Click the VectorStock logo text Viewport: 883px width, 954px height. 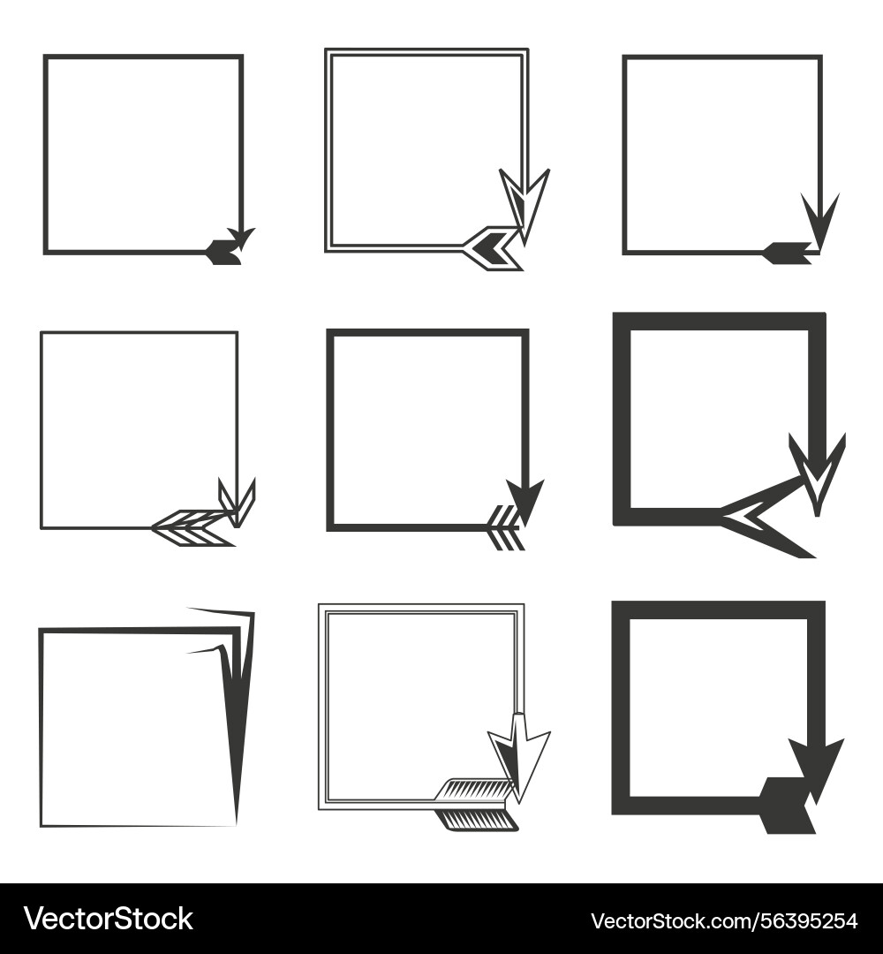click(x=109, y=919)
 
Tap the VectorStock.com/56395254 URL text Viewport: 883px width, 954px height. click(x=724, y=920)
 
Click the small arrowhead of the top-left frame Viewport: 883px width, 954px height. click(x=242, y=238)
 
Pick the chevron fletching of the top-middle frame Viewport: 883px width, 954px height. click(x=493, y=247)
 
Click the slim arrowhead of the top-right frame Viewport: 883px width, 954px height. click(x=819, y=220)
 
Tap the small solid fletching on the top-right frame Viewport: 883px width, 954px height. click(x=788, y=253)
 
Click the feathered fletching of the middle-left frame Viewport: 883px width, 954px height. click(x=192, y=527)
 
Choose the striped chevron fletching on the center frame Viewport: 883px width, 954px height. click(x=505, y=527)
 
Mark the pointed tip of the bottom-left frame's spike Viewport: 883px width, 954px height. click(x=237, y=824)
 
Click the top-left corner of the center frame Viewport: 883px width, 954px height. click(x=329, y=331)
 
